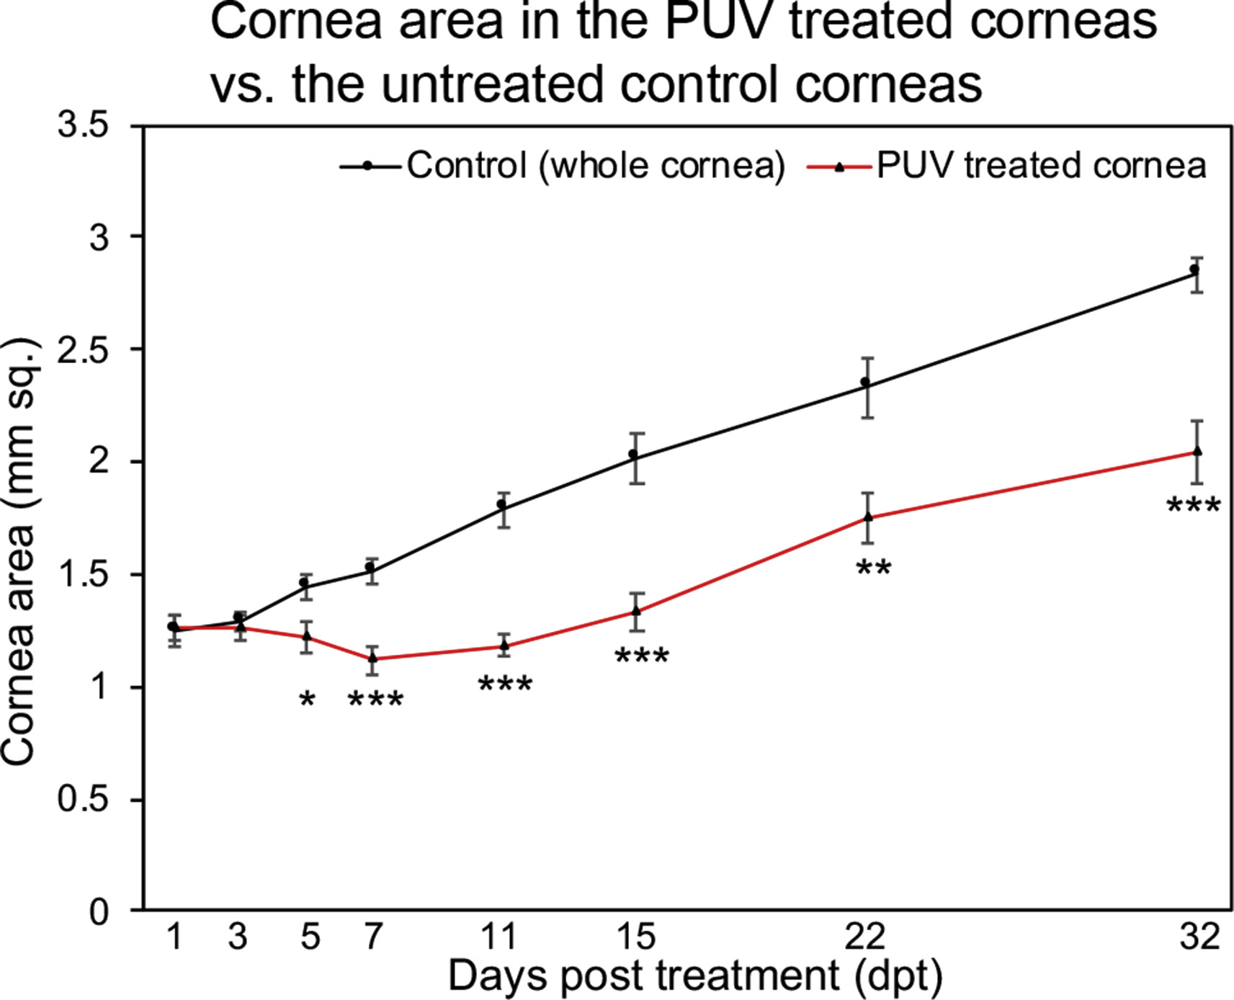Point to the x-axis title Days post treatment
pos(695,976)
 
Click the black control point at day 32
pos(1194,269)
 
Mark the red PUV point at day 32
pos(1197,451)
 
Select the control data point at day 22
pos(865,382)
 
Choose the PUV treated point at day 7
pos(372,658)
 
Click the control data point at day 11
pos(502,504)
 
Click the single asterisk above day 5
pos(307,700)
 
